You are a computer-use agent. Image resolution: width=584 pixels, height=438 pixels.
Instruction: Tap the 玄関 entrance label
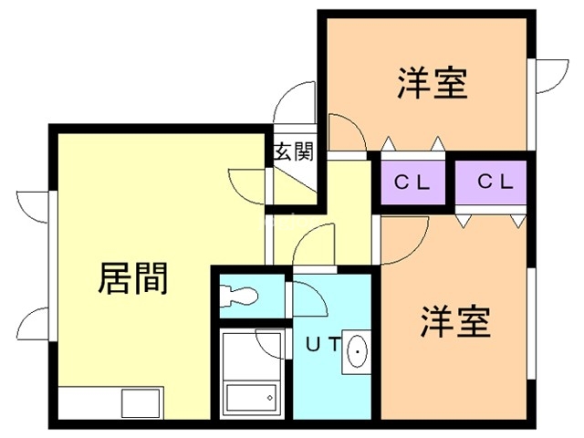click(x=293, y=151)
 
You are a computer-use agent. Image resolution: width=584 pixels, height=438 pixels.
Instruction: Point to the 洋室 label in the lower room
click(x=456, y=321)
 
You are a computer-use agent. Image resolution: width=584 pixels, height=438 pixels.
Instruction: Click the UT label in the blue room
click(x=322, y=345)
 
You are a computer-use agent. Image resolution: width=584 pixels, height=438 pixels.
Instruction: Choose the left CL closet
click(x=412, y=181)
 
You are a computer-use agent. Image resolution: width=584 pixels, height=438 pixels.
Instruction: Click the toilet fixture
click(x=243, y=295)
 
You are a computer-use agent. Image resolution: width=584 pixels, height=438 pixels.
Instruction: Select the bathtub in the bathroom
click(x=250, y=399)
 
